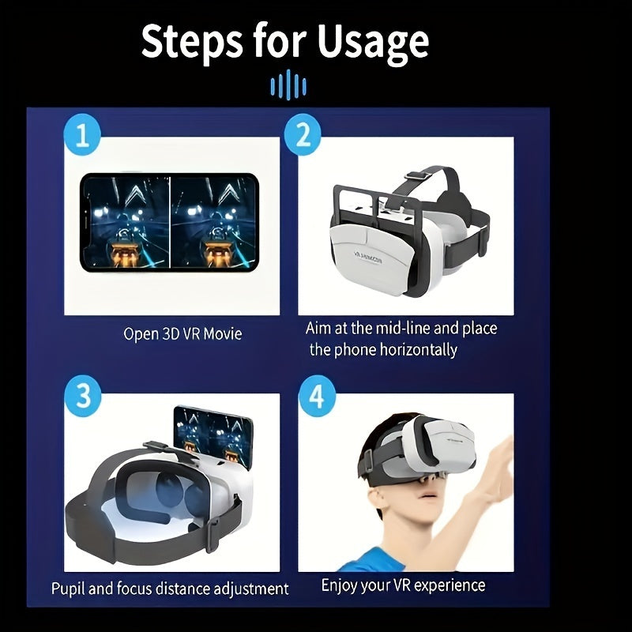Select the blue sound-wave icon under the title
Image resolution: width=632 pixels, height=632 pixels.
click(288, 83)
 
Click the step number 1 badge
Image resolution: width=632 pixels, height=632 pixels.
click(82, 137)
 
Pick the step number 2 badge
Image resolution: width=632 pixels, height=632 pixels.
click(303, 137)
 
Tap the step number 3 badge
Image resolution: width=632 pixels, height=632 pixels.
click(82, 394)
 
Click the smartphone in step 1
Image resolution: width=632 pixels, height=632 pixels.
click(169, 223)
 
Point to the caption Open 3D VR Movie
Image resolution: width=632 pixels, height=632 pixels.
click(182, 333)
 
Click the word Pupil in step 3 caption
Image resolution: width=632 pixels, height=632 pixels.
click(70, 589)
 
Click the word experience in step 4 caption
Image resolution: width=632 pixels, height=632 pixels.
click(448, 585)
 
